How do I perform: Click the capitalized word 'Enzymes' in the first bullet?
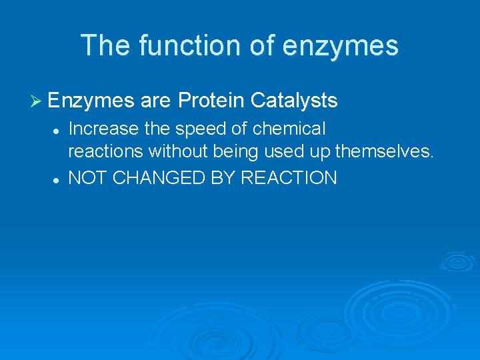[x=91, y=101]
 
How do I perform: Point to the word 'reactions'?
[x=106, y=152]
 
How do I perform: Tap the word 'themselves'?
[x=383, y=152]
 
